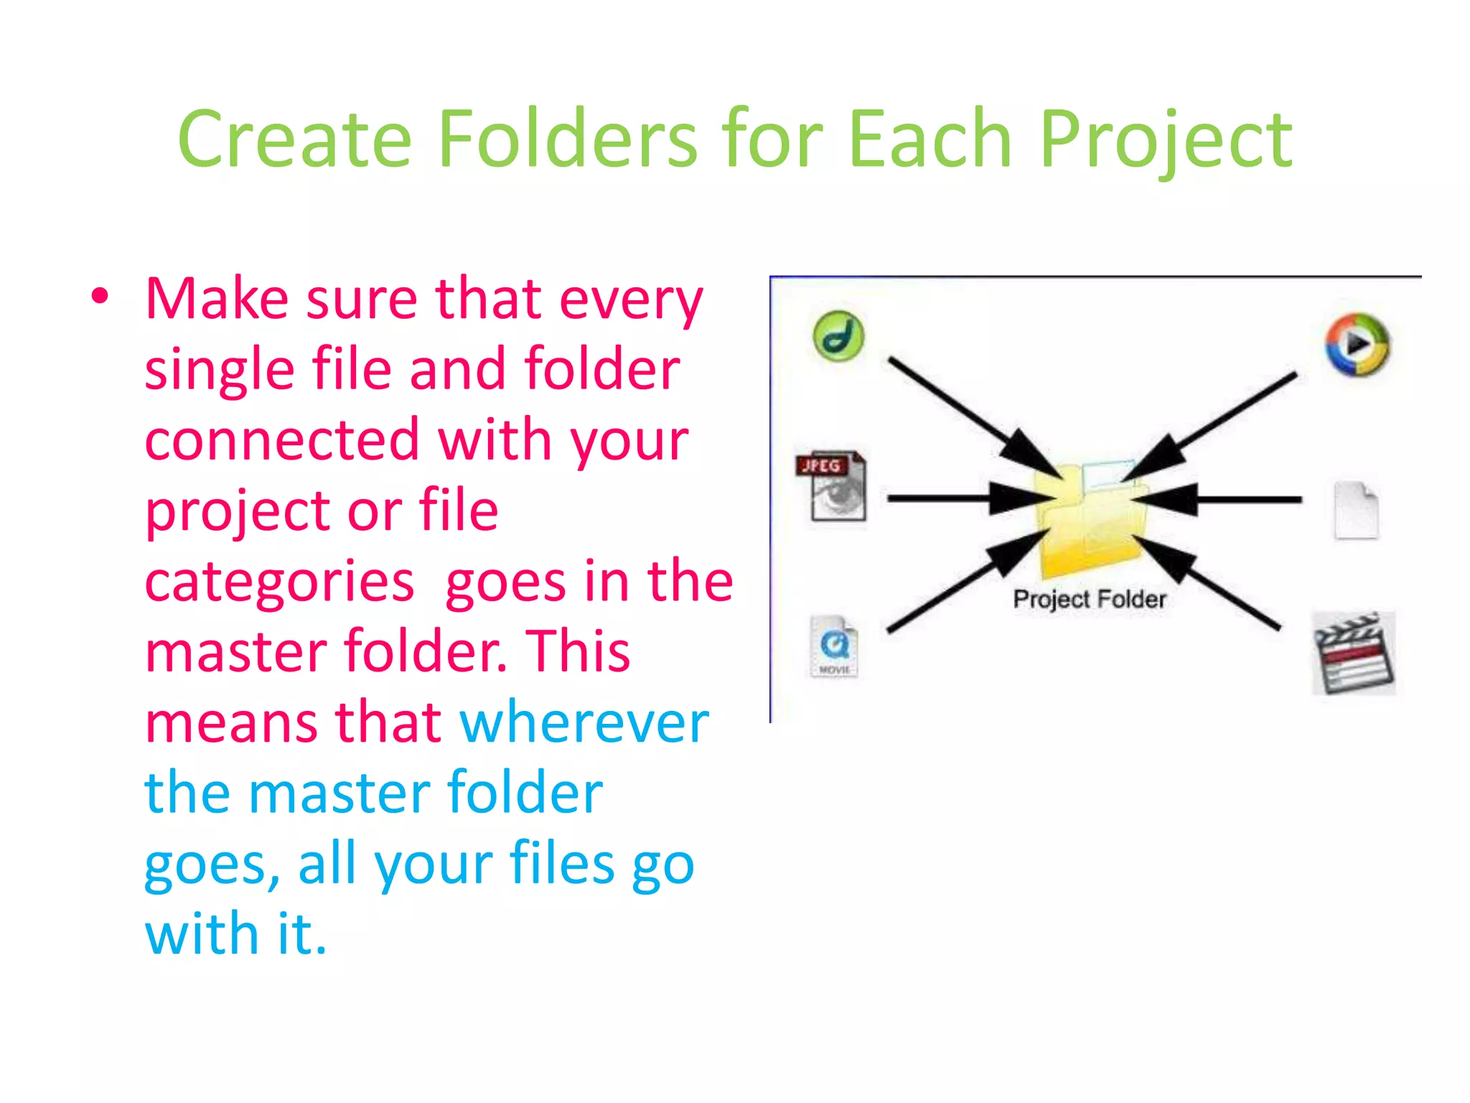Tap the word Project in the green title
pos(1166,141)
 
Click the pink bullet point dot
pos(100,296)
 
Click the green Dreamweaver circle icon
pos(838,336)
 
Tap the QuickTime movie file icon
pos(834,646)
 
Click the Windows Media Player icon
pos(1356,345)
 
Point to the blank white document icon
pos(1356,511)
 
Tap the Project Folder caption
pos(1089,599)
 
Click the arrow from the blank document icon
pos(1235,498)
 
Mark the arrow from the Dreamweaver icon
pos(962,409)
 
